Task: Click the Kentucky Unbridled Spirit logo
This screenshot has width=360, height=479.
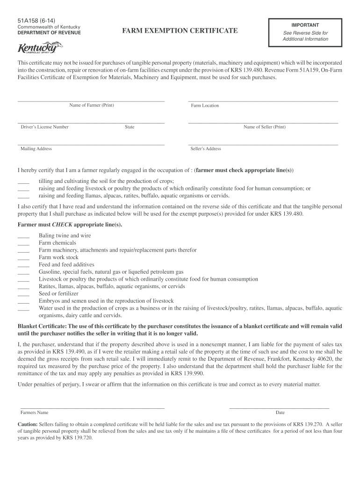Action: [40, 48]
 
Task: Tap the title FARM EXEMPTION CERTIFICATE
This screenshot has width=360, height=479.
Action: [180, 31]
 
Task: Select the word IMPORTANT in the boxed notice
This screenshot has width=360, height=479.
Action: [305, 25]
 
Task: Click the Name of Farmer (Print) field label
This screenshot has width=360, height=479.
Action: [92, 105]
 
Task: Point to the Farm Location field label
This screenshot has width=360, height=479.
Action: [205, 106]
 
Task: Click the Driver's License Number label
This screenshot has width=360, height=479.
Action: [44, 127]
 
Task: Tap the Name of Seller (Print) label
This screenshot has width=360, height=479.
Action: [264, 127]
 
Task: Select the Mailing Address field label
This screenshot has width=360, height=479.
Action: [36, 149]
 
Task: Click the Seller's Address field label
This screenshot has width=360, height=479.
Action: [206, 149]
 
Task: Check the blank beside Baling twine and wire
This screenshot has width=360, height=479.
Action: [23, 236]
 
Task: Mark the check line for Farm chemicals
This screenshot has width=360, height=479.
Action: [23, 243]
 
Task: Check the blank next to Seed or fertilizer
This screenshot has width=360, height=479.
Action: [23, 294]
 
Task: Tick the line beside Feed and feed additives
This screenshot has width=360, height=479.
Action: [23, 265]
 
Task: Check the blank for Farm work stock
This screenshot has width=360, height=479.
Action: [23, 258]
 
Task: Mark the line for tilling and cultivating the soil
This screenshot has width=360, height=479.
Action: [23, 182]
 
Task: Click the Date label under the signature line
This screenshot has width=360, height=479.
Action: [280, 413]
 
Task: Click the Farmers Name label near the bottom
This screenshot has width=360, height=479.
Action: [35, 413]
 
